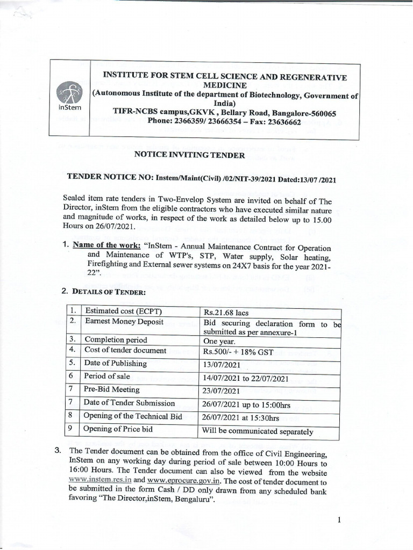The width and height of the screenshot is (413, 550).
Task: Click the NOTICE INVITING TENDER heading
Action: click(189, 156)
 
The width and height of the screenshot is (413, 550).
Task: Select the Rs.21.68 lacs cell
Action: click(226, 312)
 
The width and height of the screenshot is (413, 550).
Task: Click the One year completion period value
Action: click(221, 341)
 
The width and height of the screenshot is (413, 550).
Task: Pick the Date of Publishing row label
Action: click(116, 364)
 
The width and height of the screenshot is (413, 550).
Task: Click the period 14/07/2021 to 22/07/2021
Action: click(246, 379)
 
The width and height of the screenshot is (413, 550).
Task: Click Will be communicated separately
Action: click(257, 431)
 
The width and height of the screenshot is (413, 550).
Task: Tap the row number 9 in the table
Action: click(72, 429)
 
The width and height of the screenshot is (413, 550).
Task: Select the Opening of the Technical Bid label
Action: click(132, 416)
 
